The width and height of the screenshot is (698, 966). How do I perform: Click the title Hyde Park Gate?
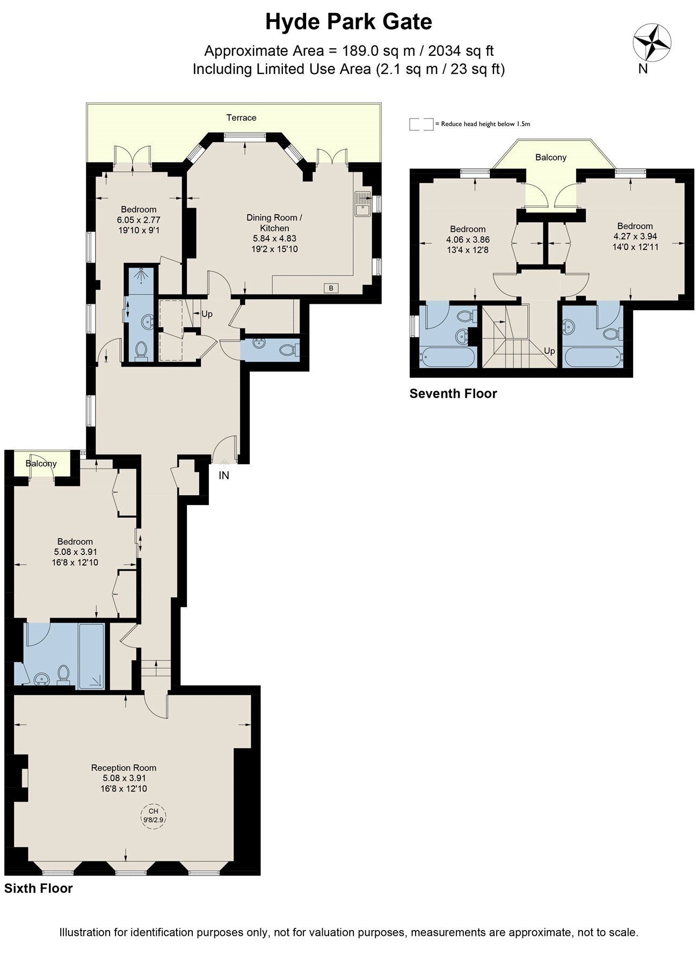(x=349, y=23)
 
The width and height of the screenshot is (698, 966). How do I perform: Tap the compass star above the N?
(x=652, y=42)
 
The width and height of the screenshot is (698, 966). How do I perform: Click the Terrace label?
(x=241, y=118)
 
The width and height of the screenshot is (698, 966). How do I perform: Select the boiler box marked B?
(x=331, y=288)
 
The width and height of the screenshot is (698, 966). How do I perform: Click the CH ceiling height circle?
(x=154, y=816)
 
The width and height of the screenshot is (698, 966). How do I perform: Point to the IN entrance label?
(x=224, y=475)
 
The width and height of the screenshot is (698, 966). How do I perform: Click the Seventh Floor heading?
(x=453, y=393)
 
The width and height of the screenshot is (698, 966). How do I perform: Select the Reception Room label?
(x=123, y=768)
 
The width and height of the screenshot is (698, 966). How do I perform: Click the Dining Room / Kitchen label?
(x=274, y=223)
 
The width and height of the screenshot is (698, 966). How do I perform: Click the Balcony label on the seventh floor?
(x=551, y=157)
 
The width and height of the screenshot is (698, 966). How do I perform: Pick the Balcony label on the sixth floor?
(x=41, y=463)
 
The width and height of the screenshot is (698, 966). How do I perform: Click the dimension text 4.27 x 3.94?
(x=635, y=236)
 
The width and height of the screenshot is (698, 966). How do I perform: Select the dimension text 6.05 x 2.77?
(x=139, y=219)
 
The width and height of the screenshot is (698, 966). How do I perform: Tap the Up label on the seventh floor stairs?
(x=549, y=352)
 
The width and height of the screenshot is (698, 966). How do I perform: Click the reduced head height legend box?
(x=421, y=124)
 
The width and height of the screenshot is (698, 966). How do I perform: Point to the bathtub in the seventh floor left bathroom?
(x=448, y=358)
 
